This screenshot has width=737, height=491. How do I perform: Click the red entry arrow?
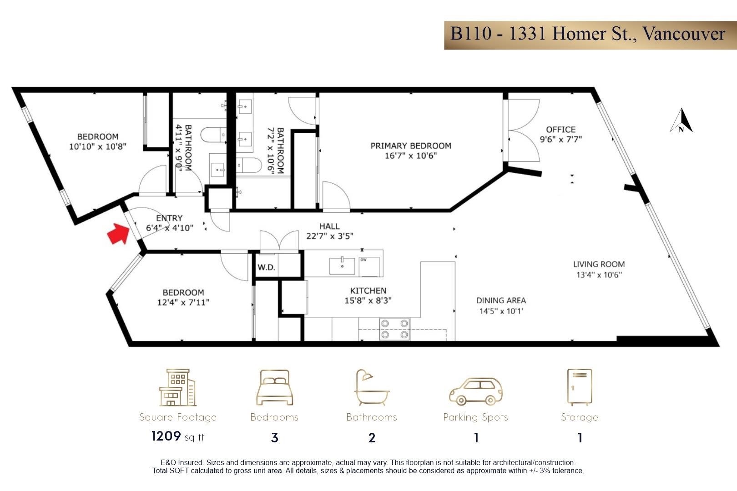(118, 234)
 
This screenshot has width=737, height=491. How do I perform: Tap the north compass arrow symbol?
(681, 120)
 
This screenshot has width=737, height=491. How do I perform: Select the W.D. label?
(266, 267)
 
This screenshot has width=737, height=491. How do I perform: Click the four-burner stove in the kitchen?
(394, 329)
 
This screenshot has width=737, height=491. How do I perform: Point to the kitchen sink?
(342, 266)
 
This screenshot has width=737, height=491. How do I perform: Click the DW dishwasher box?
(369, 267)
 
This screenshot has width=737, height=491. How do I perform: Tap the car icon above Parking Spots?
(476, 391)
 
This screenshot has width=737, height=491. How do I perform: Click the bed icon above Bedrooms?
(274, 387)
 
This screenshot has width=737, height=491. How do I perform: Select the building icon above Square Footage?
(178, 387)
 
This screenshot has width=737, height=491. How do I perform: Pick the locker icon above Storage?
(580, 387)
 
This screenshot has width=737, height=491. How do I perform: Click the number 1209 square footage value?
(166, 436)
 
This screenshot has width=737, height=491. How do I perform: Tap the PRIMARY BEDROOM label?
(411, 145)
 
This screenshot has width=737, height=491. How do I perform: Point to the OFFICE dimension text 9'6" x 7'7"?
(560, 139)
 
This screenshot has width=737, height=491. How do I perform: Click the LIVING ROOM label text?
(599, 264)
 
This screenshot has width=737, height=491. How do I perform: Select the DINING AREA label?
(501, 300)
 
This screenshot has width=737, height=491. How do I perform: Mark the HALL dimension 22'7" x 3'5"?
(330, 236)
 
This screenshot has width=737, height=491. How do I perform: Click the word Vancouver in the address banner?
(684, 34)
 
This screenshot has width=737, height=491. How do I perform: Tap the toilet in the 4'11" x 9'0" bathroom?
(213, 135)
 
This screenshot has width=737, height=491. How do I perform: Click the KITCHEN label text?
(368, 291)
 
